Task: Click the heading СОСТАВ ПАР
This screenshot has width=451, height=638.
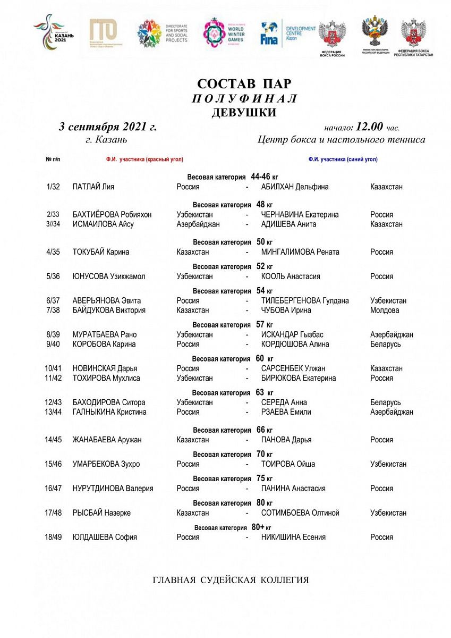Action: (244, 84)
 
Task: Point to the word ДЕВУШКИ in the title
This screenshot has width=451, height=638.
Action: (244, 112)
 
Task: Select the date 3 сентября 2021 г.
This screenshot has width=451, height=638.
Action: (108, 127)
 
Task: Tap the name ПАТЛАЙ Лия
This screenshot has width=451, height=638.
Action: (93, 187)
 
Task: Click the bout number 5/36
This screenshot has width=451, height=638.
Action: (53, 276)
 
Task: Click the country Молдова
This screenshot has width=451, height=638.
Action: (385, 310)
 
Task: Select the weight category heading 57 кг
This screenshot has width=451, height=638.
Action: (233, 324)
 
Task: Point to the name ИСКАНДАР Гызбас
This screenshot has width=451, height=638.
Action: (292, 335)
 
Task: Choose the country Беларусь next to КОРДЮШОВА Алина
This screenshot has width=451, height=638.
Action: (386, 344)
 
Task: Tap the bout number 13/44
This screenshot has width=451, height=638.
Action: (53, 412)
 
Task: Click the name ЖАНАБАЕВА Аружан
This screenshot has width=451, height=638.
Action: (107, 440)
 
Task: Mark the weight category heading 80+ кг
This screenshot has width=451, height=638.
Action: (233, 527)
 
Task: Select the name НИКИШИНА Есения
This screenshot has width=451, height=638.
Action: (293, 537)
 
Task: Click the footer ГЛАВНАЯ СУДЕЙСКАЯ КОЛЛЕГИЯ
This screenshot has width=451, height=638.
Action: (231, 580)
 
